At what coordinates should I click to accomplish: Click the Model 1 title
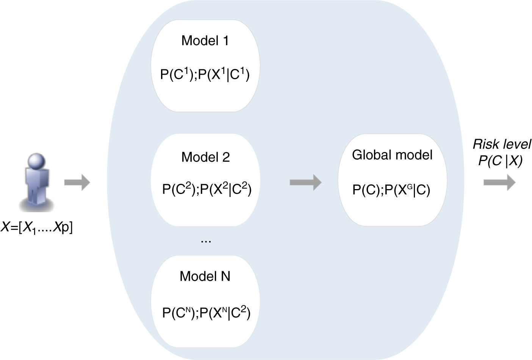[x=205, y=41]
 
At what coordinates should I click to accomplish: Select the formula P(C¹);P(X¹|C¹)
[x=205, y=74]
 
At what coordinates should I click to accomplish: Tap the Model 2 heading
[x=205, y=157]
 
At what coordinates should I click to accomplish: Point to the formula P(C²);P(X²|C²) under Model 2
[x=207, y=189]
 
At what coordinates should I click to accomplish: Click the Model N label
[x=205, y=276]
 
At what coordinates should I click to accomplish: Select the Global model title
[x=392, y=155]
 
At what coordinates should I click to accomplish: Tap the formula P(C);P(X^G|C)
[x=391, y=189]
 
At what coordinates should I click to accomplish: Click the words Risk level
[x=501, y=144]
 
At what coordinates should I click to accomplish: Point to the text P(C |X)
[x=500, y=161]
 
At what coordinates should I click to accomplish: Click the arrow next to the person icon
[x=77, y=183]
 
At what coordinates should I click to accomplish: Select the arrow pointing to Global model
[x=305, y=182]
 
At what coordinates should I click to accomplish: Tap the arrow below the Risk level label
[x=499, y=182]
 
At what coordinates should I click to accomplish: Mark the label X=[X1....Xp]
[x=36, y=228]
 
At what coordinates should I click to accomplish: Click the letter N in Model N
[x=225, y=276]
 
